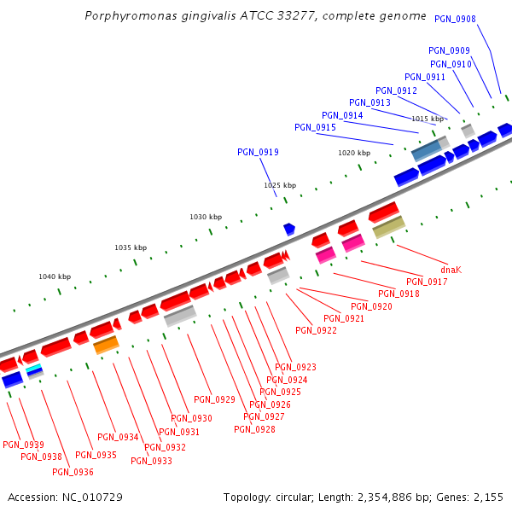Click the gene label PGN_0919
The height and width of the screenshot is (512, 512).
click(x=258, y=152)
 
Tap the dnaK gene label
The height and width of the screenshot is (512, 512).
click(x=451, y=269)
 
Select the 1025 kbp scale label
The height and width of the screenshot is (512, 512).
click(x=279, y=185)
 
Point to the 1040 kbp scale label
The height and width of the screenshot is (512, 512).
click(x=55, y=276)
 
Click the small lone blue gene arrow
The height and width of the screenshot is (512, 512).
click(x=289, y=229)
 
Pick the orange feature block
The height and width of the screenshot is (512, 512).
click(x=106, y=345)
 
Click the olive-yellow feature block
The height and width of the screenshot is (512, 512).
click(x=388, y=227)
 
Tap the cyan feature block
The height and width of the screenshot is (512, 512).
click(x=33, y=368)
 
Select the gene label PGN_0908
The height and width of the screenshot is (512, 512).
click(x=455, y=19)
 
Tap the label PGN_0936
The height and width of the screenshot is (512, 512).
click(x=73, y=472)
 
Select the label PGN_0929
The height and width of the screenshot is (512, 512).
click(x=214, y=399)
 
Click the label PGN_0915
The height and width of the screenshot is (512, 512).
click(x=315, y=127)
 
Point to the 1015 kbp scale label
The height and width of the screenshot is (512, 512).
click(x=428, y=119)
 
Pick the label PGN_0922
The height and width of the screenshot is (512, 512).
click(x=316, y=330)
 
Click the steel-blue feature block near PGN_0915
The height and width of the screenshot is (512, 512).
click(x=426, y=151)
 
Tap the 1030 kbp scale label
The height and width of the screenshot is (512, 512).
click(x=205, y=217)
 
